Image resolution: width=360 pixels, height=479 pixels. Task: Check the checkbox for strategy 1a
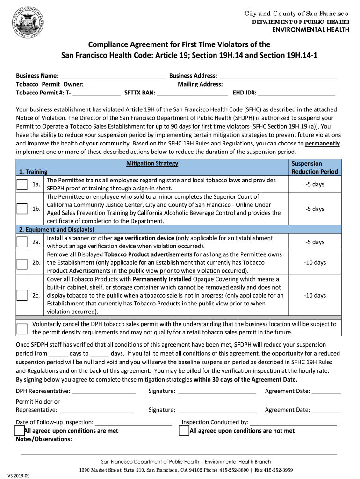click(22, 184)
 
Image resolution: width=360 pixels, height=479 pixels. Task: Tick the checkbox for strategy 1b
click(22, 209)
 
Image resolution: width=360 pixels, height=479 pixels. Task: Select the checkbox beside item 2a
click(22, 242)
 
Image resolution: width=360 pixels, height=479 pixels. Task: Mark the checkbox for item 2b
click(22, 263)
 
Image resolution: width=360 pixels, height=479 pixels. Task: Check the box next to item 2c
click(22, 295)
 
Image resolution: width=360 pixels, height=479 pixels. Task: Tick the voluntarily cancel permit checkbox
click(22, 328)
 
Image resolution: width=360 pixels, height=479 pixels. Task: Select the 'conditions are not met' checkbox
click(184, 431)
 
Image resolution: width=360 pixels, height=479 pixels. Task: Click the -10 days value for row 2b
click(315, 263)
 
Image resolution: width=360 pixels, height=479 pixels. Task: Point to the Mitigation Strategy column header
click(152, 164)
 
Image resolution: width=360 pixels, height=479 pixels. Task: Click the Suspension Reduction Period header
click(314, 167)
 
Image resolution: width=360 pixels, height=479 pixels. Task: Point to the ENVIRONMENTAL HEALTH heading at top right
click(310, 30)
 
